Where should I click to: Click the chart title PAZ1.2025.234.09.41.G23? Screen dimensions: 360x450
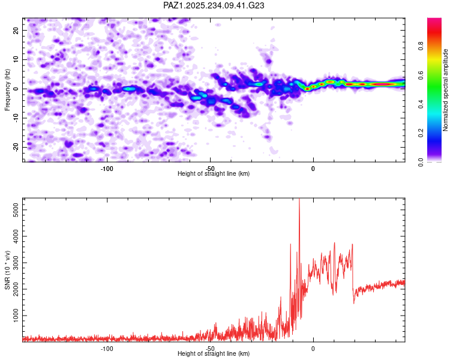[x=214, y=5]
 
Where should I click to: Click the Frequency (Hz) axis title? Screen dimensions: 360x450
[x=7, y=89]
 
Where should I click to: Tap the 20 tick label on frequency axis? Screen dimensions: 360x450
[x=16, y=30]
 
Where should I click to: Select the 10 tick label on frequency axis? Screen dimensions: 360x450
[x=16, y=59]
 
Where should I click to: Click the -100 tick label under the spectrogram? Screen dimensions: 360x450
[x=107, y=168]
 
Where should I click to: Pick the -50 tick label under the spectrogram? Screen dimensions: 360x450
[x=210, y=168]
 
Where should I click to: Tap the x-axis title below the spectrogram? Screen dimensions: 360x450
[x=214, y=174]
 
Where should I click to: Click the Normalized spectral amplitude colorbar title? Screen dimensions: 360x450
[x=445, y=90]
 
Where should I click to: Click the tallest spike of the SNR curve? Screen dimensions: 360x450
[x=299, y=200]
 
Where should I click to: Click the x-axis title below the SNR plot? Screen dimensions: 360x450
[x=214, y=354]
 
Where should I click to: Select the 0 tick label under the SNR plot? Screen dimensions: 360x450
[x=313, y=348]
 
